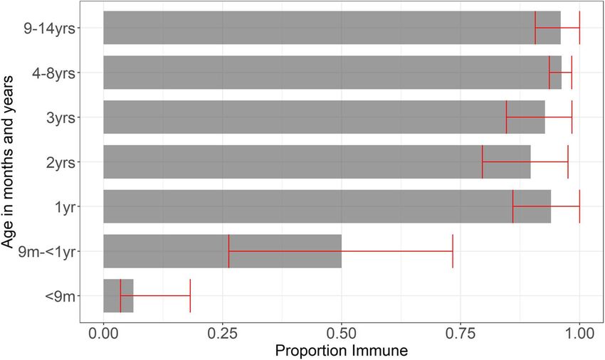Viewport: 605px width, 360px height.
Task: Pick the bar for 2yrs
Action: click(299, 162)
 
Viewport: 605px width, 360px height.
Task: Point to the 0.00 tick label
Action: click(104, 332)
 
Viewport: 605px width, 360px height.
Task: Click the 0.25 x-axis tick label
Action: click(222, 332)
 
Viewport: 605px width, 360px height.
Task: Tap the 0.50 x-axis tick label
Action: click(342, 332)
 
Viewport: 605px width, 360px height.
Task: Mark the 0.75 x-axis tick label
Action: click(461, 332)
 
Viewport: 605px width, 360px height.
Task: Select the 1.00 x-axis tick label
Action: click(579, 332)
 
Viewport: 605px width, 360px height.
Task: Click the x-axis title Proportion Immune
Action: click(341, 350)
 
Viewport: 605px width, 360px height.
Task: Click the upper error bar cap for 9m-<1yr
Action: click(453, 251)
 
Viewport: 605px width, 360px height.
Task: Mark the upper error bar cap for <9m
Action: click(190, 296)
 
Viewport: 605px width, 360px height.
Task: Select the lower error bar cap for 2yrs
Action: click(483, 162)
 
